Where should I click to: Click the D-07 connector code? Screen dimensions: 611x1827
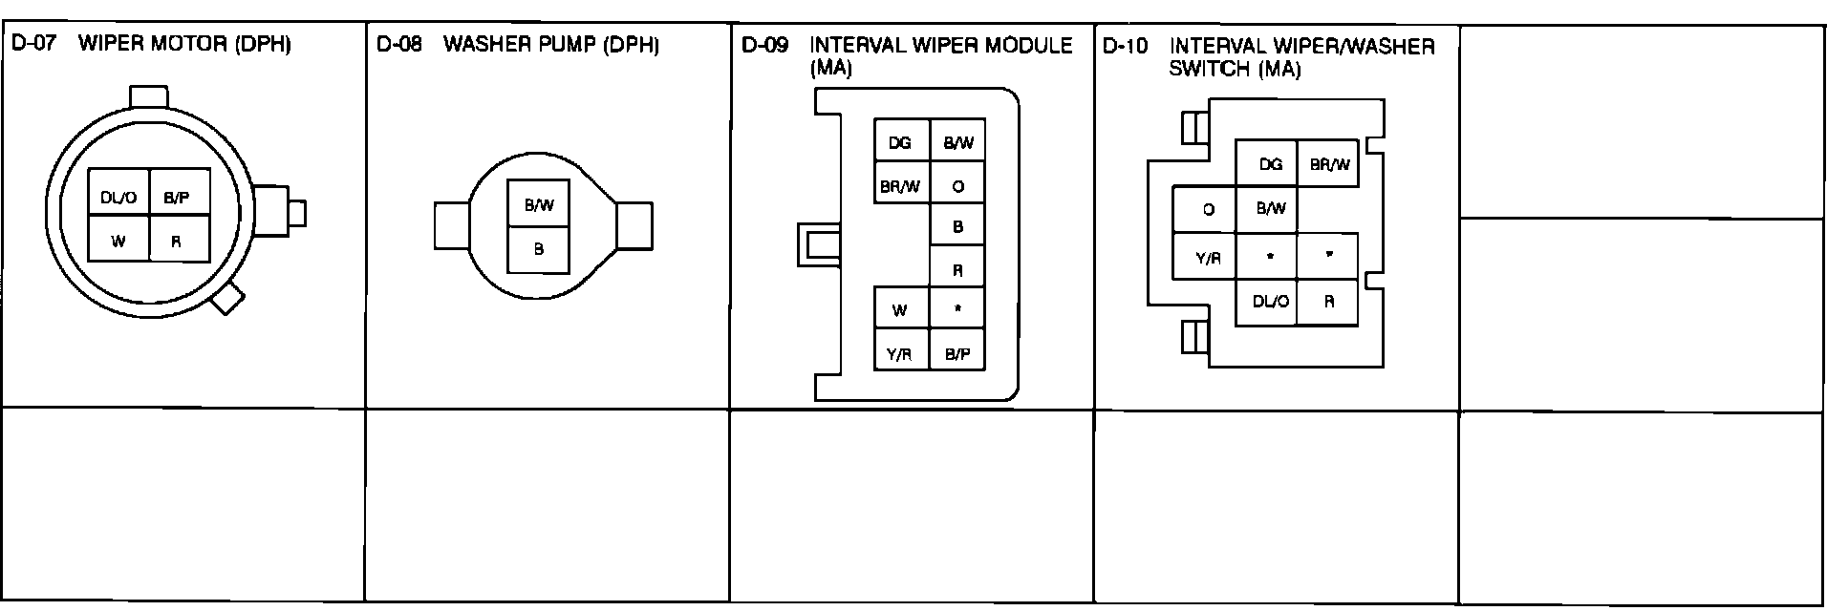pos(33,44)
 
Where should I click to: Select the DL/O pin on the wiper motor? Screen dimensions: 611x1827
pos(118,199)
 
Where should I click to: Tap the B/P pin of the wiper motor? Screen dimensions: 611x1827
pos(177,199)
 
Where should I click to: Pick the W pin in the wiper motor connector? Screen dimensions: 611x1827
pos(118,242)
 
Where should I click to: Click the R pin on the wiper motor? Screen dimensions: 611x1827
pos(177,242)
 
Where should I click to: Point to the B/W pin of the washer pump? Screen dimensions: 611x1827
pos(539,204)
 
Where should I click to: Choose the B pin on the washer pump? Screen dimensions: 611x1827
pos(539,249)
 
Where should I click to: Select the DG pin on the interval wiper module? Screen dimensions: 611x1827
pos(900,143)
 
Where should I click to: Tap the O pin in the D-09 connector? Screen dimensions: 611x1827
pos(957,187)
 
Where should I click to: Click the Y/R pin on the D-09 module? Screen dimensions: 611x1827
pos(900,354)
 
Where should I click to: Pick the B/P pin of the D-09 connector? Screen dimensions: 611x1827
pos(957,354)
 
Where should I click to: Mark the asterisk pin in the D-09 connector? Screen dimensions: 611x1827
pos(957,310)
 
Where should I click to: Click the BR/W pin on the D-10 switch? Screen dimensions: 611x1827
pos(1329,164)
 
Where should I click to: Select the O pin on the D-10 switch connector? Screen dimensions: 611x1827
pos(1209,209)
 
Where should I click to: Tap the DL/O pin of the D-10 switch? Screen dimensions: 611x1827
pos(1270,302)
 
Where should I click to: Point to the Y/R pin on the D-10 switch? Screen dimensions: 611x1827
pos(1209,257)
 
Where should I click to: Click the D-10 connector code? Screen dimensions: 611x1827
pos(1125,46)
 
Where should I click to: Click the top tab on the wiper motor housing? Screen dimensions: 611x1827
pos(148,96)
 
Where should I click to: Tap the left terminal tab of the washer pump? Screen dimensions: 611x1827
pos(453,226)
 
